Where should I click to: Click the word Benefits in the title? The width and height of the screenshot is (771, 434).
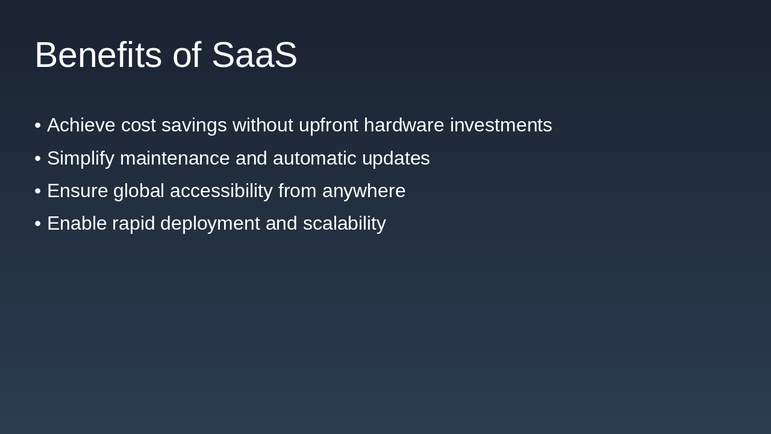pyautogui.click(x=98, y=55)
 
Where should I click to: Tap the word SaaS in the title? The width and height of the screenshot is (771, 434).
pyautogui.click(x=254, y=55)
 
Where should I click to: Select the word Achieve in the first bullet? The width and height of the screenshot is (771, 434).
pyautogui.click(x=81, y=125)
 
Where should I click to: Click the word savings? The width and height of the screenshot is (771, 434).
pyautogui.click(x=194, y=125)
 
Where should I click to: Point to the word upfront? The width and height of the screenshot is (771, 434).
pyautogui.click(x=328, y=125)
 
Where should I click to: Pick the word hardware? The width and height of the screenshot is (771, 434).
pyautogui.click(x=404, y=125)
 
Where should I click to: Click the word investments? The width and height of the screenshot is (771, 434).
pyautogui.click(x=501, y=125)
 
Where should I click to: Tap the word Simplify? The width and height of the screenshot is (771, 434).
pyautogui.click(x=81, y=159)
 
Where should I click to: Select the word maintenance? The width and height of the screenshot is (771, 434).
pyautogui.click(x=175, y=159)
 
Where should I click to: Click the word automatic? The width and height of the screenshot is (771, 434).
pyautogui.click(x=314, y=159)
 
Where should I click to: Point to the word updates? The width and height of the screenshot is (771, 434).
pyautogui.click(x=396, y=159)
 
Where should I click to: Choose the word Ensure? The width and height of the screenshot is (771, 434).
pyautogui.click(x=77, y=191)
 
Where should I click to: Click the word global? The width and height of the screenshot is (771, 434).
pyautogui.click(x=139, y=191)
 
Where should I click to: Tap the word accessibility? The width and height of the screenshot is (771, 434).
pyautogui.click(x=221, y=191)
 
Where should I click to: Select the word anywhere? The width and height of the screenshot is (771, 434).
pyautogui.click(x=364, y=191)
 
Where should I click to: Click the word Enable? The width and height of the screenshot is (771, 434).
pyautogui.click(x=76, y=224)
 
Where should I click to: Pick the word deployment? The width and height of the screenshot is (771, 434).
pyautogui.click(x=210, y=224)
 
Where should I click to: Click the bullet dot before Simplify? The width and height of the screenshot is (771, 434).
pyautogui.click(x=38, y=159)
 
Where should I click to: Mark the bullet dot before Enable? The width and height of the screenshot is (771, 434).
pyautogui.click(x=38, y=224)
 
